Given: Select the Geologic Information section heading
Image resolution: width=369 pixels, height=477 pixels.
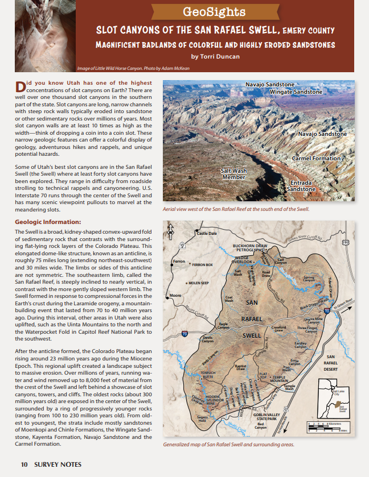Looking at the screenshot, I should (x=48, y=222).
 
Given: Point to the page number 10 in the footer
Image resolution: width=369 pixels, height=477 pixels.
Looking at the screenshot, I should (x=24, y=464).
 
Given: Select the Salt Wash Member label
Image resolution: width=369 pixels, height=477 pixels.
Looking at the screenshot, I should (x=233, y=173).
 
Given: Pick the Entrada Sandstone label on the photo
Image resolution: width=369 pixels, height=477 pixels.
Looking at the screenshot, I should (x=301, y=186).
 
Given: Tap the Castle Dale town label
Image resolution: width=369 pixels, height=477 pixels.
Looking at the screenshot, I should (x=207, y=233).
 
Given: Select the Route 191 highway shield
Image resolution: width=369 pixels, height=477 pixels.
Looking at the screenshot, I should (x=346, y=242).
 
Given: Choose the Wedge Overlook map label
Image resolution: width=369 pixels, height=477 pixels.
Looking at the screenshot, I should (x=245, y=260).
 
